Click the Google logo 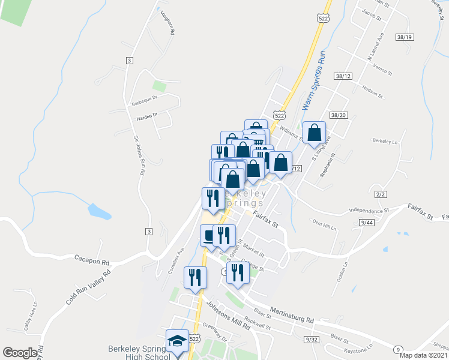click(20, 353)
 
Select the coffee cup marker click(209, 235)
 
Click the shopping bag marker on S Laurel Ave click(314, 133)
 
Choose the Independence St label click(369, 211)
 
